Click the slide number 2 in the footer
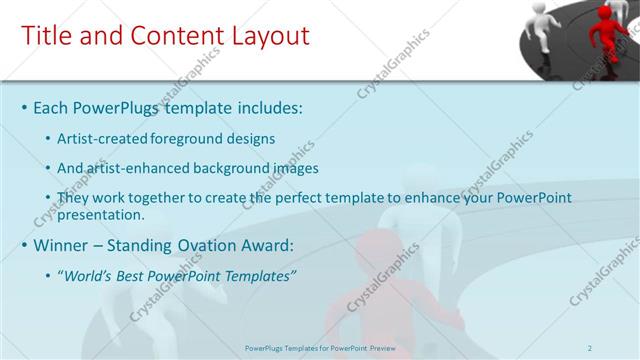(x=591, y=347)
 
